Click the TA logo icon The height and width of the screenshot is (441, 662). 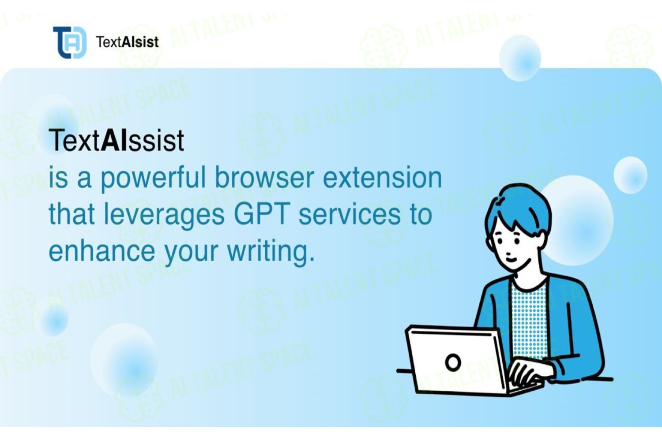click(70, 42)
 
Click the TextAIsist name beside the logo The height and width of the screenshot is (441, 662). click(128, 42)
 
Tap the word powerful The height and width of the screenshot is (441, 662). click(153, 179)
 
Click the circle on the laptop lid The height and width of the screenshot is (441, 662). click(453, 362)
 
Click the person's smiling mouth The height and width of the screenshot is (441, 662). click(511, 260)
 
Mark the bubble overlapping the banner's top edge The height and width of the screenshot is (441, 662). click(520, 58)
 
